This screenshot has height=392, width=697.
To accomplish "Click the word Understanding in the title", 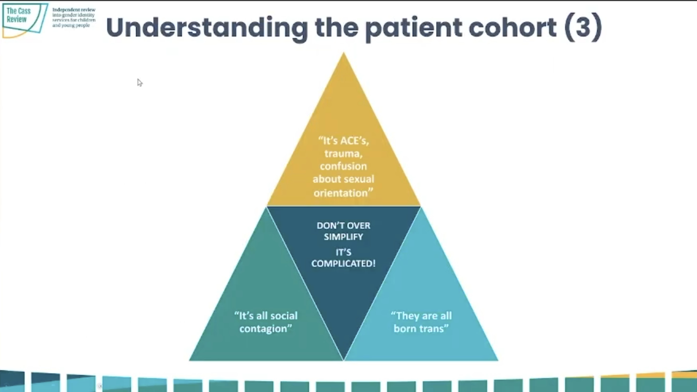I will coord(207,28).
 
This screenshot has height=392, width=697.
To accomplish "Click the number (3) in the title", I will coord(583,28).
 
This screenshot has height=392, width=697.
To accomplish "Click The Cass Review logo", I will coord(24,20).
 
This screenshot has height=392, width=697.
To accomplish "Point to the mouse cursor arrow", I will coord(139,82).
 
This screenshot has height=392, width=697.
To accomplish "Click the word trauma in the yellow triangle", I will coord(343,153).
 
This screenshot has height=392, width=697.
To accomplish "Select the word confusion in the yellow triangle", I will coord(343,166).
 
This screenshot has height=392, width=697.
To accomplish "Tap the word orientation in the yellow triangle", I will coord(343,193).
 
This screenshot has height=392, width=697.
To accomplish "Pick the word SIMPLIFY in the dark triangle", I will coord(343,237).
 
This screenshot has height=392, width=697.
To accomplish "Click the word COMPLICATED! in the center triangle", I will coord(343,263).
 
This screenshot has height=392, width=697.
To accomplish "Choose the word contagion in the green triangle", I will coord(265,328).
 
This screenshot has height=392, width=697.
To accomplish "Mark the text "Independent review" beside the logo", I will coord(74,10).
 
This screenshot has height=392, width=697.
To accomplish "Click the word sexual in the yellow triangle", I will coord(359,179).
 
